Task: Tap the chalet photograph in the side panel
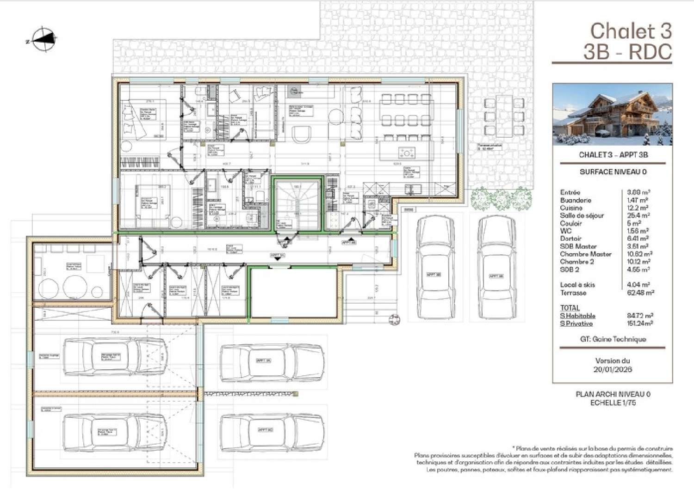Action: point(613,115)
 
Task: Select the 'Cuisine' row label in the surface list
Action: point(572,208)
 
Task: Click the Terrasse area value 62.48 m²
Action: point(638,293)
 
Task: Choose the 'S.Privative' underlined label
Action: point(577,324)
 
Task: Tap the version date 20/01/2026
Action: point(613,369)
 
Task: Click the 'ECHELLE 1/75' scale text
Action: point(613,403)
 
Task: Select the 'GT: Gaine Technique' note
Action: point(613,339)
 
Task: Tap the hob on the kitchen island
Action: point(407,153)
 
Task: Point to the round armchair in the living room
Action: point(303,134)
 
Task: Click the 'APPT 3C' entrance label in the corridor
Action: point(277,255)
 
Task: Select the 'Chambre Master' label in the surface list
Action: point(585,254)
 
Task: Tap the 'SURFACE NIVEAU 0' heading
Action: point(613,172)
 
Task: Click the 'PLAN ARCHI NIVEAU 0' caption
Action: point(613,394)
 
